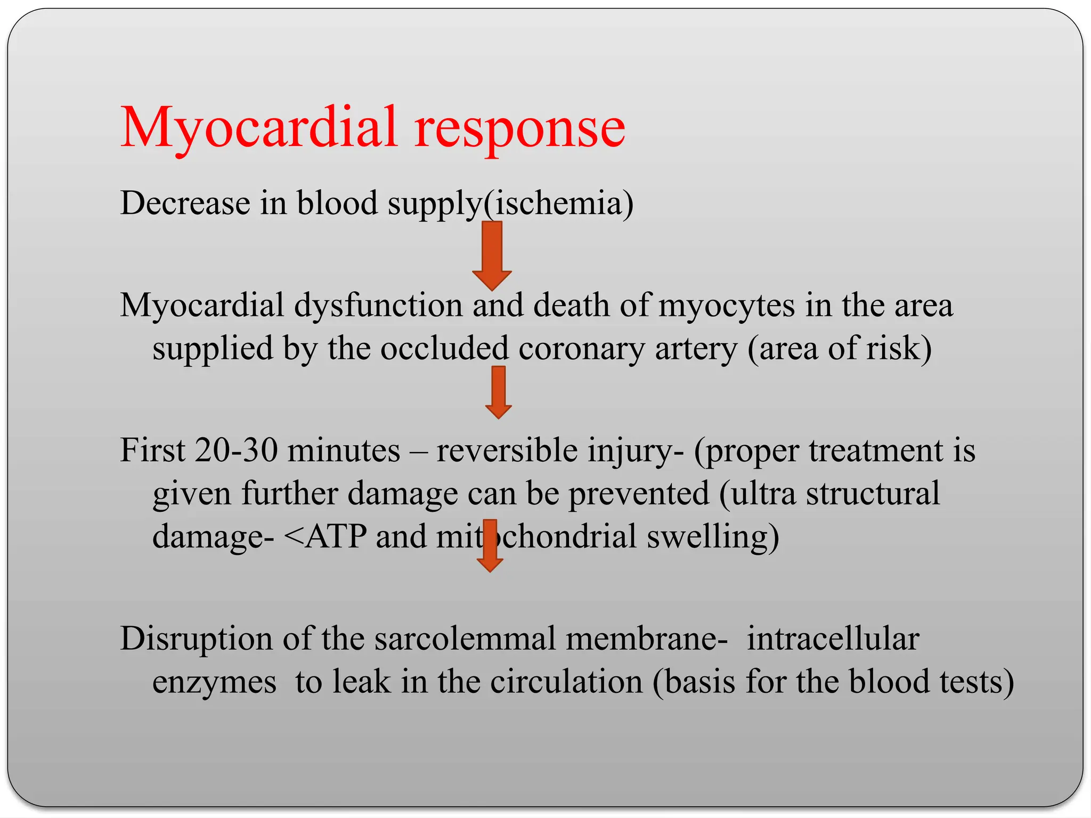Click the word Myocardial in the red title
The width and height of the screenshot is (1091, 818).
[x=259, y=128]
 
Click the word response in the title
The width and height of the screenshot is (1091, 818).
[x=519, y=130]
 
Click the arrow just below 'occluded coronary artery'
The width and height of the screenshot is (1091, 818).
[x=499, y=392]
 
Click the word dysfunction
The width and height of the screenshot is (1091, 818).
[x=378, y=306]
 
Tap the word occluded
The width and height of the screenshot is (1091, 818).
[x=444, y=348]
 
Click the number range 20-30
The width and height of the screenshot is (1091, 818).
[x=236, y=450]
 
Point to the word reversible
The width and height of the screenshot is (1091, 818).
[x=507, y=450]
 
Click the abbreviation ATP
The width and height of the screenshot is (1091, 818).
[x=336, y=536]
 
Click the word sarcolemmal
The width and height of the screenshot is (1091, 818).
[x=465, y=639]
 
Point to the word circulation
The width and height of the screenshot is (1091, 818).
[x=566, y=682]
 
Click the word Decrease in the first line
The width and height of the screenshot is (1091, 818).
[x=185, y=203]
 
